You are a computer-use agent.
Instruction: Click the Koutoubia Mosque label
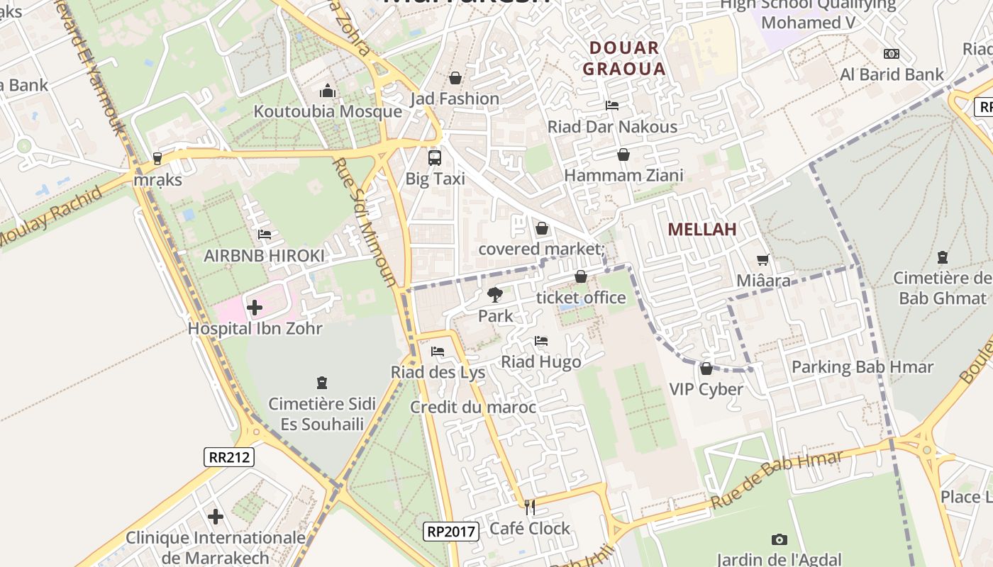[328, 112]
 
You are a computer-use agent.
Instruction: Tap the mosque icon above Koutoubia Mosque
[327, 91]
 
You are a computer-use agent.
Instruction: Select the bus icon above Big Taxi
[434, 158]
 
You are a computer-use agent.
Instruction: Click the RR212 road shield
[228, 457]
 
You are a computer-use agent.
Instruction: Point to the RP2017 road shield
[451, 531]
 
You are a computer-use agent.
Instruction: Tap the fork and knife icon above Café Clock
[529, 507]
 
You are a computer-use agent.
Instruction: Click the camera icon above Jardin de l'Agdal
[779, 540]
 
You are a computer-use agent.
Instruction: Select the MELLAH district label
[702, 230]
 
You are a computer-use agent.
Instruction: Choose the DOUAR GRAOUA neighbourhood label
[624, 59]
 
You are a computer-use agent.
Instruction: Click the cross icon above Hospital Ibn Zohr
[255, 308]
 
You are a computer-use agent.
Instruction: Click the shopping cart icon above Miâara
[763, 260]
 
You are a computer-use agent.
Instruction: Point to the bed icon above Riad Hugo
[541, 341]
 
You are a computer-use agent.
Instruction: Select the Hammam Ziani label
[623, 176]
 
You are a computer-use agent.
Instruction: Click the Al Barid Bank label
[892, 75]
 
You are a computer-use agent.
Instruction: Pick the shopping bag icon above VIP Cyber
[706, 369]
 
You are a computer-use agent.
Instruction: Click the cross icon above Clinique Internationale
[216, 517]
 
